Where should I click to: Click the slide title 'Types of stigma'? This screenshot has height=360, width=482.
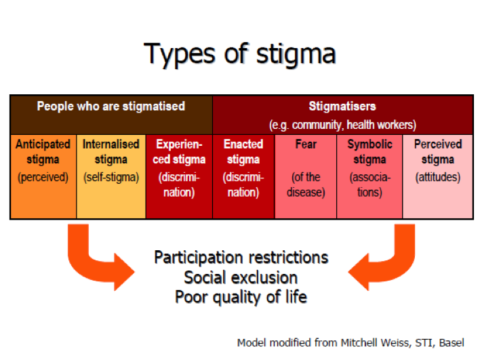(x=240, y=53)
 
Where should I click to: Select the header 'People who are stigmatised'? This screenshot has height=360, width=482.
(x=111, y=106)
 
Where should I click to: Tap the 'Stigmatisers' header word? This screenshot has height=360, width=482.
(x=342, y=106)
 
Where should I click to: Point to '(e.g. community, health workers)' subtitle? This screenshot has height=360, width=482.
(x=342, y=125)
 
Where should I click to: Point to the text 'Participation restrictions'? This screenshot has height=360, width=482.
(x=241, y=258)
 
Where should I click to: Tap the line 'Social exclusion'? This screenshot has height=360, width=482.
(x=241, y=277)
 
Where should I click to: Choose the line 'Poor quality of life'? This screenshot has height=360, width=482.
(x=241, y=297)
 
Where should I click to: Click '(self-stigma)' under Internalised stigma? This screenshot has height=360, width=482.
(x=111, y=178)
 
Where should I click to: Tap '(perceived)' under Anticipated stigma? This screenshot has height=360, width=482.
(x=43, y=178)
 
